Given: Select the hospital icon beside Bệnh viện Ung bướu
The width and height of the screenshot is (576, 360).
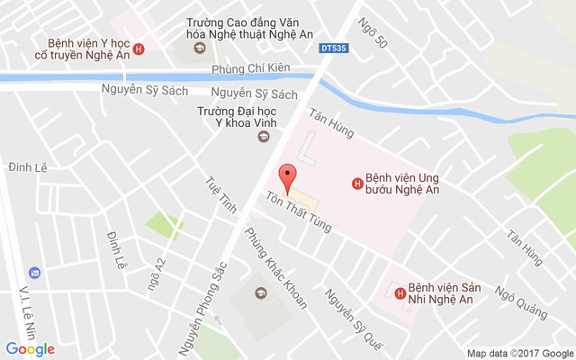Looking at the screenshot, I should [x=357, y=184].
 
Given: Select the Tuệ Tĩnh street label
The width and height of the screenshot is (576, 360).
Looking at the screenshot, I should [x=221, y=193].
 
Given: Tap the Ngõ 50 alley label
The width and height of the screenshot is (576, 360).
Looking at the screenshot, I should [x=372, y=33].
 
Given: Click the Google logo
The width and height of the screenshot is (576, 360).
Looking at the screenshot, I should [x=31, y=348].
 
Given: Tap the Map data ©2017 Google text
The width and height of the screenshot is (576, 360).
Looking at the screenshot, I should [x=519, y=353].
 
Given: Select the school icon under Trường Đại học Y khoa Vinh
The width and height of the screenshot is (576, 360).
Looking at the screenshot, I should [x=263, y=137].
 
